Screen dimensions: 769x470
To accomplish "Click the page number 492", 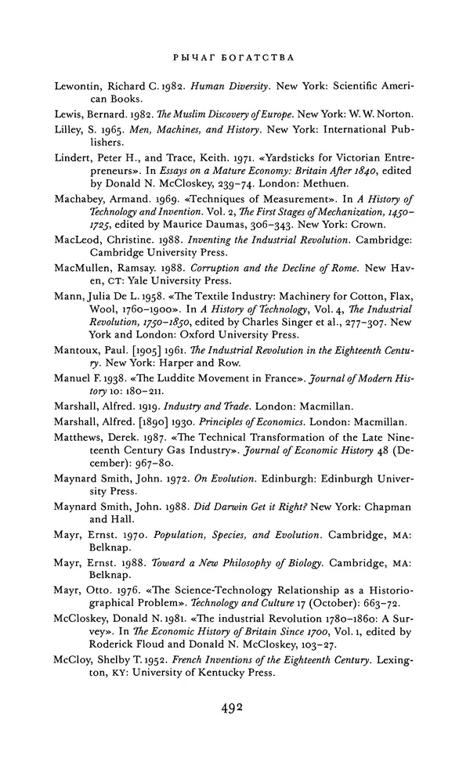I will coord(235,709).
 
